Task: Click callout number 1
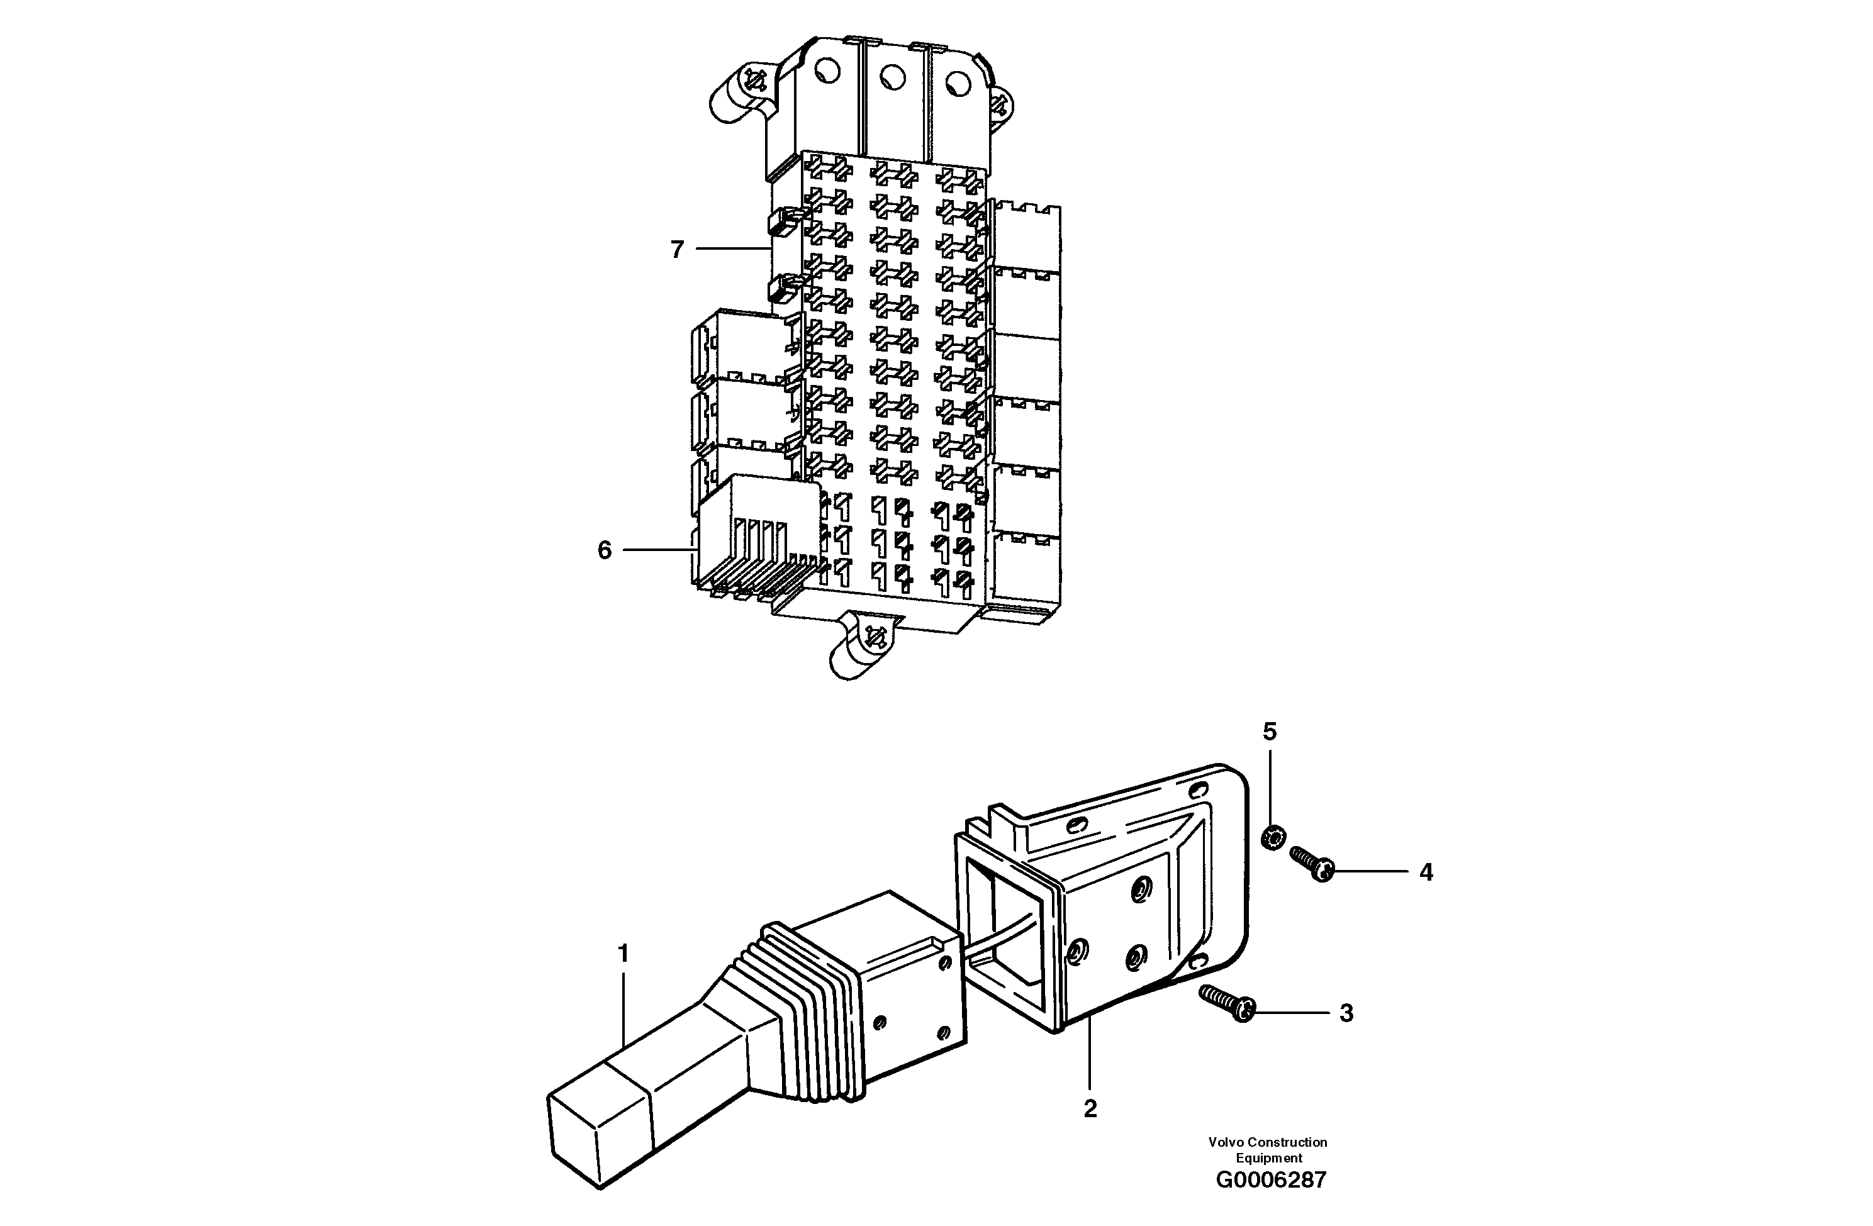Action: coord(623,954)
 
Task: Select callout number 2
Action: coord(1090,1109)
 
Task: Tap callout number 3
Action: coord(1346,1013)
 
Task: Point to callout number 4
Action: coord(1426,872)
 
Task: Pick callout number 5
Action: coord(1270,732)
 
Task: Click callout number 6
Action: coord(605,550)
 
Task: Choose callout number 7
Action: coord(677,250)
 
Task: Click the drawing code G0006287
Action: coord(1271,1179)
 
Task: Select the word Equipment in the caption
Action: coord(1268,1157)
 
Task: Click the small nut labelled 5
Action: coord(1273,837)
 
